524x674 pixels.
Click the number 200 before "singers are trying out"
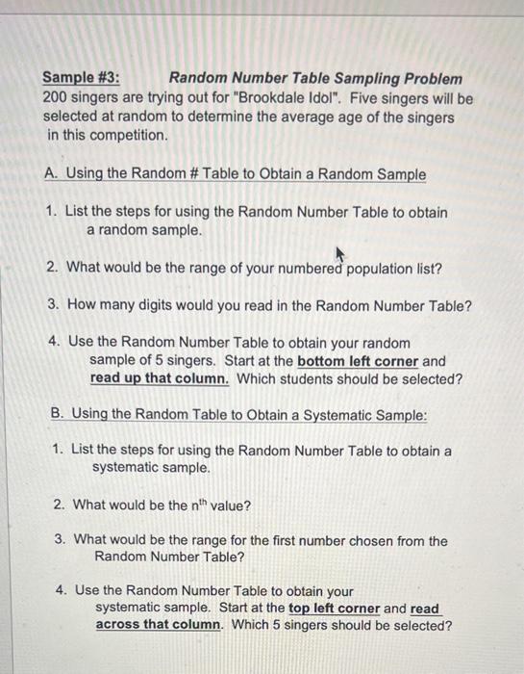click(x=56, y=97)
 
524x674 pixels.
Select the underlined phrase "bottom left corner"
click(x=358, y=361)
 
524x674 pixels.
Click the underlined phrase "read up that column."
click(x=160, y=378)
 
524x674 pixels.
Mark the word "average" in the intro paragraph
click(x=335, y=117)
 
